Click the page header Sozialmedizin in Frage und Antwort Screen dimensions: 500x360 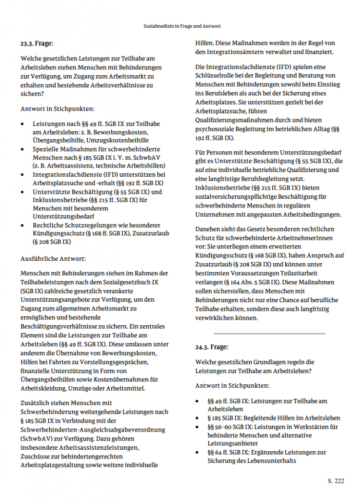180,26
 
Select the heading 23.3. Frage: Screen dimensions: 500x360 37,43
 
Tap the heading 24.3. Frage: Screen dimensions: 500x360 211,347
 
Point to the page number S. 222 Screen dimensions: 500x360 336,481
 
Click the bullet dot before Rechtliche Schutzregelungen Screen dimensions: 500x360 24,225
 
